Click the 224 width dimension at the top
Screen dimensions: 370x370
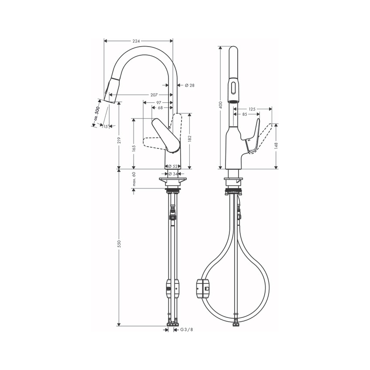click(x=136, y=41)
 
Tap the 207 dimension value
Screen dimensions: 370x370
click(x=154, y=95)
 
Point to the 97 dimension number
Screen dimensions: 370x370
click(x=158, y=103)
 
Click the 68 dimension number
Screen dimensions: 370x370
click(x=160, y=108)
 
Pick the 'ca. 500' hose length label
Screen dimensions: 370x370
click(x=97, y=114)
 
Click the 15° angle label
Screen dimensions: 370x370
click(x=106, y=127)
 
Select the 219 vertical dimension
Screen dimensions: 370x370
click(x=119, y=140)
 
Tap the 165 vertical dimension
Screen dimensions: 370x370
click(x=134, y=148)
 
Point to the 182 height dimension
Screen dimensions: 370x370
click(x=190, y=138)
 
